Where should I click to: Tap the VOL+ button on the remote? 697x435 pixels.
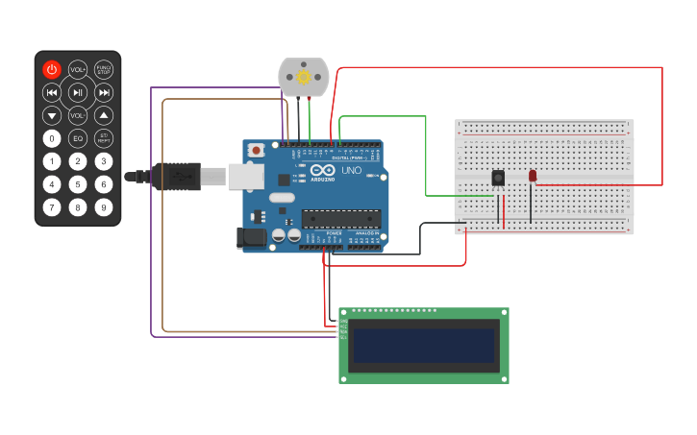78,69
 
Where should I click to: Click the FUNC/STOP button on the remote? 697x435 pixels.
104,69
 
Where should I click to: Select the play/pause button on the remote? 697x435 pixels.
78,92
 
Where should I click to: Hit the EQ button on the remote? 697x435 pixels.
78,138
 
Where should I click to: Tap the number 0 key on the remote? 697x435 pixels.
52,138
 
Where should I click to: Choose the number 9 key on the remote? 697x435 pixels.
104,206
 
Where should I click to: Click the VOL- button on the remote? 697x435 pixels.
78,115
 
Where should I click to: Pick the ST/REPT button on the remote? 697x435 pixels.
104,138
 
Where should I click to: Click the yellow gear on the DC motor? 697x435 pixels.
304,76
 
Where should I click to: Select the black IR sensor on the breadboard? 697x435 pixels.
498,178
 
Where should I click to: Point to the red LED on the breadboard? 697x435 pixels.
533,175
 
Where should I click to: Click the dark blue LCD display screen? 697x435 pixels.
424,346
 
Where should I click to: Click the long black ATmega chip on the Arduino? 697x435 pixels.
340,219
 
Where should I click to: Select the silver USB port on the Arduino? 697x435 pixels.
246,176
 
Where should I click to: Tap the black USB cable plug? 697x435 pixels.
179,177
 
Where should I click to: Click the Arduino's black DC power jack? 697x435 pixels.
252,238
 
